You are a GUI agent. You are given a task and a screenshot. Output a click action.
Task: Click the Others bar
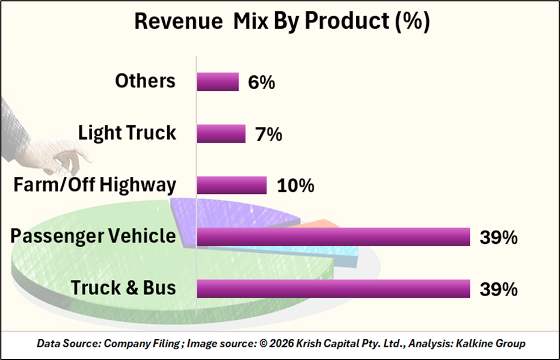coord(218,82)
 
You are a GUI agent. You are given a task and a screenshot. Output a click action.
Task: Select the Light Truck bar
coord(221,134)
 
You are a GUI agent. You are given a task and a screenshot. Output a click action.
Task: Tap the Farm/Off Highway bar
coord(232,185)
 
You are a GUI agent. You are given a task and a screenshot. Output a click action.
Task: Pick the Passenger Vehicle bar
coord(333,237)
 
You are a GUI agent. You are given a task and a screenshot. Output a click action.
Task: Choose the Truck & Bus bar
coord(333,289)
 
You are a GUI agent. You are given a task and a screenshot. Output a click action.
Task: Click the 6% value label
coord(261,82)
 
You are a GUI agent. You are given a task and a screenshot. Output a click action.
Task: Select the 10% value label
coord(295,186)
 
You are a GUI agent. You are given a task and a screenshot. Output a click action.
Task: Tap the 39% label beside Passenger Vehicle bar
coord(498,238)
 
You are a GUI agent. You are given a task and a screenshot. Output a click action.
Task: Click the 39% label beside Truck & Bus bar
coord(498,290)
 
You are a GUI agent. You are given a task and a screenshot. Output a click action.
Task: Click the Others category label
coord(146,81)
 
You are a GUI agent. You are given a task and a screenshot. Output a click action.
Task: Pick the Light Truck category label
coord(128,133)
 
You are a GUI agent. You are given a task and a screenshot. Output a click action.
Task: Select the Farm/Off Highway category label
coord(95,185)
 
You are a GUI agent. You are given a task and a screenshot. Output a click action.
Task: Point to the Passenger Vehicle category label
coord(93,236)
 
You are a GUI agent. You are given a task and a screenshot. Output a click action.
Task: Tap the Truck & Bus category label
coord(124,288)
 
